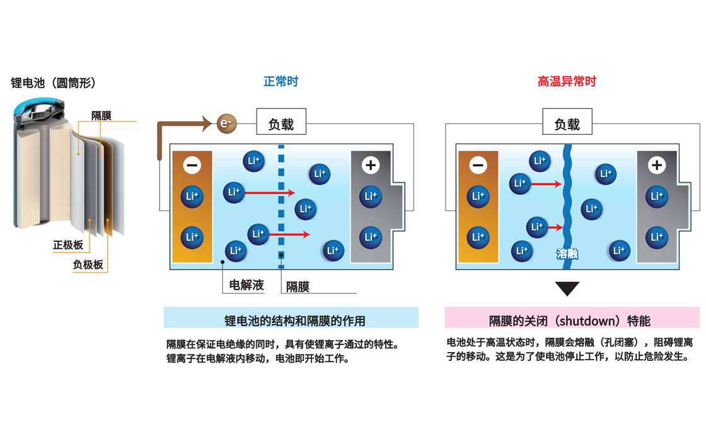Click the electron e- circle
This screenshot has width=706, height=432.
pos(226,123)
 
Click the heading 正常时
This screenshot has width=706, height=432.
pos(281,81)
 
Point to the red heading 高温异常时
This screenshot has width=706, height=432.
pos(567,81)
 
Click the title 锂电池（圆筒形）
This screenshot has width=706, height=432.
pos(54,83)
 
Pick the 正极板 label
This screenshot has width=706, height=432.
pos(67,245)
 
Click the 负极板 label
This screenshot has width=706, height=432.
pos(88,264)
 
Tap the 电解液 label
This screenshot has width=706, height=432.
pos(246,285)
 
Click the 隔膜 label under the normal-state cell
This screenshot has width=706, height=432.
pos(298,287)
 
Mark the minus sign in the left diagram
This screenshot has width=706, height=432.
pos(192,165)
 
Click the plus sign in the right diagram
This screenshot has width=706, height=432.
pos(657,165)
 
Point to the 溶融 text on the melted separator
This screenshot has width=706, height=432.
pos(567,254)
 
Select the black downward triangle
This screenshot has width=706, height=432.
pos(567,288)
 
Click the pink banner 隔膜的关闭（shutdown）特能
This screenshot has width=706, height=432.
pos(571,320)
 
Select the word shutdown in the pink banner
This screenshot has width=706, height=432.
pos(587,321)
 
